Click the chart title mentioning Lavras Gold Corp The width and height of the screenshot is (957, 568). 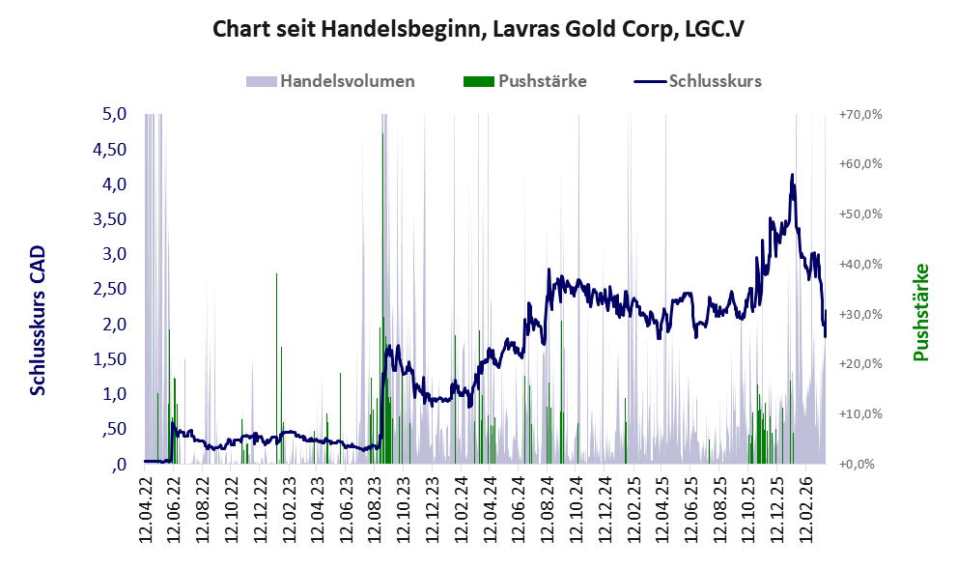click(479, 29)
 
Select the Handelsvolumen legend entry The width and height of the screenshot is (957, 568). click(330, 81)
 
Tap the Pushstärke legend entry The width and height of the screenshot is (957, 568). click(525, 81)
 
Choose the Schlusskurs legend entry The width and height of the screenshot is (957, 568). click(697, 81)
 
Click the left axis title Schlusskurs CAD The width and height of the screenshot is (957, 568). click(38, 320)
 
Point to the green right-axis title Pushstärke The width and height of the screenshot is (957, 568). click(920, 312)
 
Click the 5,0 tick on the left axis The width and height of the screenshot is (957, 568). click(115, 114)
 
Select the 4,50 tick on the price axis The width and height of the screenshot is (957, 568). click(109, 149)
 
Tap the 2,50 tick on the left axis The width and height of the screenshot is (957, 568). click(109, 289)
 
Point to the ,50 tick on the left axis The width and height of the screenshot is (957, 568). click(114, 429)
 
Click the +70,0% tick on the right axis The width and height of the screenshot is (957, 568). click(860, 114)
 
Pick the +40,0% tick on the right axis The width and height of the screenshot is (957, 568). click(860, 265)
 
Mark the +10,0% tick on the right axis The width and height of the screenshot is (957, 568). click(860, 414)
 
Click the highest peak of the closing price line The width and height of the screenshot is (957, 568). click(792, 175)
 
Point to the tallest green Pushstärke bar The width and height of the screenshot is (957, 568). click(382, 298)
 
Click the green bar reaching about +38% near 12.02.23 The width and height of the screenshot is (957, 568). click(276, 368)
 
